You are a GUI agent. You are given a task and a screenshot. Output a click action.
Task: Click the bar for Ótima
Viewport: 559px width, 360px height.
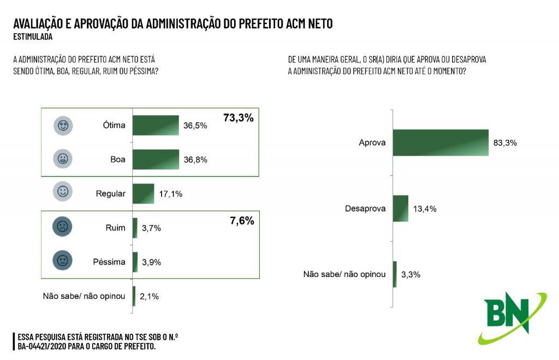156,125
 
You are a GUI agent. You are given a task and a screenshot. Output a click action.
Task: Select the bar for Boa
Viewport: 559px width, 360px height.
156,160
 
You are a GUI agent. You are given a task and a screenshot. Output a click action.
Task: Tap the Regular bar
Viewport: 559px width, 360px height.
143,193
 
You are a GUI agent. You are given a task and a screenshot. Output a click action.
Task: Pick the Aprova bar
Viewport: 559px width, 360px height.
441,143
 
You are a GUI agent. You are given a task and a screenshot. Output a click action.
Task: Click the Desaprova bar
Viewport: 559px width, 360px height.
401,208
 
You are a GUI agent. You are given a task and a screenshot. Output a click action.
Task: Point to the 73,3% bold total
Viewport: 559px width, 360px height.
239,117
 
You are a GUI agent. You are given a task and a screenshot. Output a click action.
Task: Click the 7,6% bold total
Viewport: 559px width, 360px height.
242,221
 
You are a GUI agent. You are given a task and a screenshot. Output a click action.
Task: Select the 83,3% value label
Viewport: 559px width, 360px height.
504,143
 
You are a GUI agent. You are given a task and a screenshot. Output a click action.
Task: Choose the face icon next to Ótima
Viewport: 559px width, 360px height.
63,125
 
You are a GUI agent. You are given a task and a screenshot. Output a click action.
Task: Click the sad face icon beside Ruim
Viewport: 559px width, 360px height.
63,227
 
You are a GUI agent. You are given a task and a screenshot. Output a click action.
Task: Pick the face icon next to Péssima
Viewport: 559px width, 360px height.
63,261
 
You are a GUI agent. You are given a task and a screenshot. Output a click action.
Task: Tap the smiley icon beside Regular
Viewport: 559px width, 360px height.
63,192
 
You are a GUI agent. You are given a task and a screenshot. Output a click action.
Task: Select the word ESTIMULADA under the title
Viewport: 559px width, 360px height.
33,37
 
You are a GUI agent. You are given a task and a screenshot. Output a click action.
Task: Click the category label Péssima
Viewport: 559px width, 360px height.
109,262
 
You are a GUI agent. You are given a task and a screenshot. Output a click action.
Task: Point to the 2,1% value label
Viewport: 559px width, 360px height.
149,296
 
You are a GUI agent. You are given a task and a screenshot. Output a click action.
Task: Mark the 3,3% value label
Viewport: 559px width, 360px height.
411,274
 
